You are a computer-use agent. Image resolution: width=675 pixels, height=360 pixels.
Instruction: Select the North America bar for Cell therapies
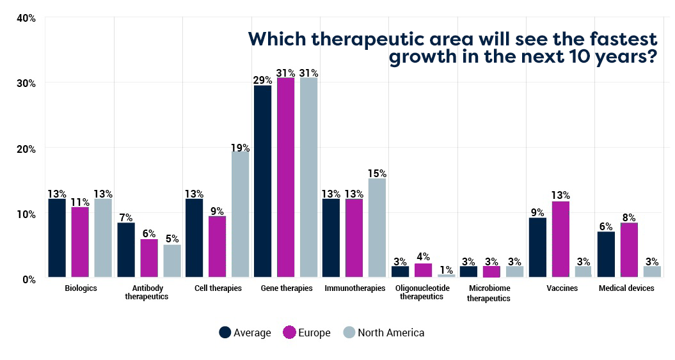240,215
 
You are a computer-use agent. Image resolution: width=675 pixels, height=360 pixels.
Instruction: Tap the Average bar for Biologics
57,239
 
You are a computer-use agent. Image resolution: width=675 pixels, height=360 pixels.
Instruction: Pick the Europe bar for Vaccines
560,240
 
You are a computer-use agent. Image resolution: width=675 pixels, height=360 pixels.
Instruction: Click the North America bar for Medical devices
651,272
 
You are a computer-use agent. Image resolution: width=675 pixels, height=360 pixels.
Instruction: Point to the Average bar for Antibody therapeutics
126,251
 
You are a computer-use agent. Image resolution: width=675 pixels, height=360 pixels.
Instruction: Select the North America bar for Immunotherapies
377,228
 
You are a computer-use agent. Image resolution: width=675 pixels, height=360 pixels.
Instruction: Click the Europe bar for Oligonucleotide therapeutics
423,271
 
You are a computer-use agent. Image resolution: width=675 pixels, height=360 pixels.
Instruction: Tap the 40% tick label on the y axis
26,18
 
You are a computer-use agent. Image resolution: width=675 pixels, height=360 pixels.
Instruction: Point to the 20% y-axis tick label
26,149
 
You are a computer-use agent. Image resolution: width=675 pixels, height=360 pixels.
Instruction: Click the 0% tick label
29,279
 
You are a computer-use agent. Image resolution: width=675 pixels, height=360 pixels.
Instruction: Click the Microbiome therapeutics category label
488,293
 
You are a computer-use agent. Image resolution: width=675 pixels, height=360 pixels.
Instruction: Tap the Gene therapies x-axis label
287,288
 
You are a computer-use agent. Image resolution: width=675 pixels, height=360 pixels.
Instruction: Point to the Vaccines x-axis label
562,288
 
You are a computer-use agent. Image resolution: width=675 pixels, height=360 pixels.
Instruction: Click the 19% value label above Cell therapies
241,148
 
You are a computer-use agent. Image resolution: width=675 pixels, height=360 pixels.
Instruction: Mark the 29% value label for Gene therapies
262,81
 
